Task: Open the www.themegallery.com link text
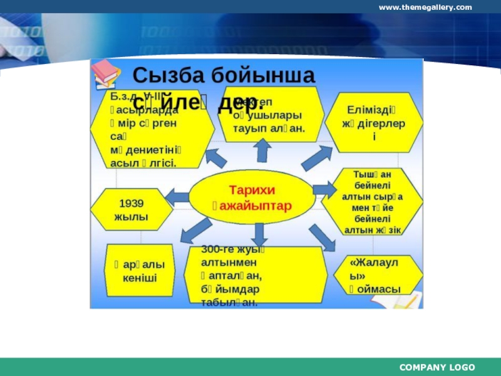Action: (x=433, y=7)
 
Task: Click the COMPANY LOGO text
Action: (x=437, y=367)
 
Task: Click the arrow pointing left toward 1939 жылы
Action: (x=177, y=197)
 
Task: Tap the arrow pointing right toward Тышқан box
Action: (x=324, y=188)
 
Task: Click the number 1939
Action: (x=132, y=203)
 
